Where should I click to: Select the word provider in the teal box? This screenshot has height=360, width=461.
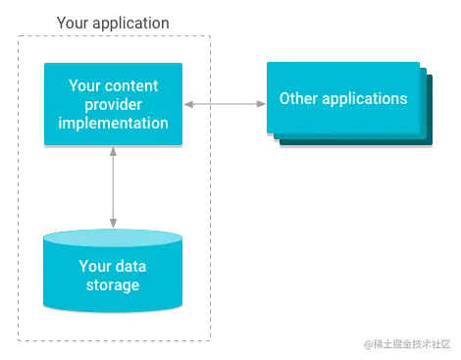coord(113,104)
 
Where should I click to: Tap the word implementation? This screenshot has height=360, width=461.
coord(113,123)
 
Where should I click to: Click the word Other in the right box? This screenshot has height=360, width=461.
coord(299,99)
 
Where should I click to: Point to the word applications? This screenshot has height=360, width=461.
coord(363,99)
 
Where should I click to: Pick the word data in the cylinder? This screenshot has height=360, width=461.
coord(131,266)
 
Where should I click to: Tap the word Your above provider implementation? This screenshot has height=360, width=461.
coord(85,85)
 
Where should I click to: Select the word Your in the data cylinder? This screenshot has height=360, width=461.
coord(95,266)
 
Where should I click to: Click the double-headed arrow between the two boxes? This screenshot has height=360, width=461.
coord(225,99)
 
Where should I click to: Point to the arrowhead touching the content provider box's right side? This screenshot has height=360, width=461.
coord(189,99)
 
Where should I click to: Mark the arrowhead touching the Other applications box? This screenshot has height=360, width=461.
coord(260,99)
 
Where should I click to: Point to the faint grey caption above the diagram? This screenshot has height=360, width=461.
coord(113,21)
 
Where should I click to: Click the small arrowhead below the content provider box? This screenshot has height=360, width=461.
coord(113,152)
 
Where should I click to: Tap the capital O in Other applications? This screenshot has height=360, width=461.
coord(285,99)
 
